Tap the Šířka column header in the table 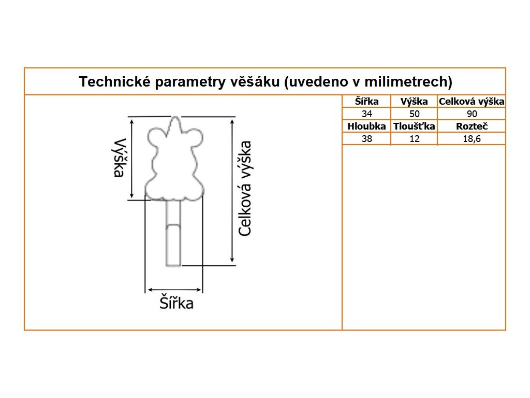point(366,102)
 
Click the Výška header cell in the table point(414,102)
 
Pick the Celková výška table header point(472,102)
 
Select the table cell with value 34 point(366,114)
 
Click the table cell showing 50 point(414,114)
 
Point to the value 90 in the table point(472,114)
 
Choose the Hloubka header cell point(366,126)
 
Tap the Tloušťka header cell point(414,126)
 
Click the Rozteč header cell point(472,126)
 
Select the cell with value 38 point(366,139)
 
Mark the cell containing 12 point(414,139)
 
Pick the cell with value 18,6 point(472,139)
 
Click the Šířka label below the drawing point(176,303)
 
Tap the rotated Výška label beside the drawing point(120,158)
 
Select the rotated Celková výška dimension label point(245,188)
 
